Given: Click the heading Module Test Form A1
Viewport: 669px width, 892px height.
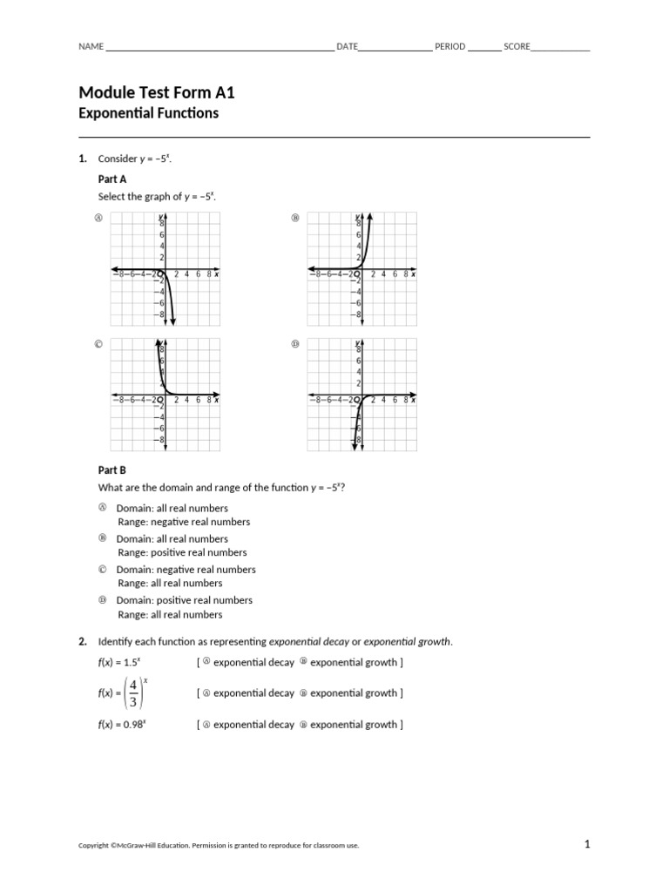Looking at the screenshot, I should coord(157,92).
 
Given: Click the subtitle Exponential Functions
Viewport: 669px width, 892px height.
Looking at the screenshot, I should coord(148,113).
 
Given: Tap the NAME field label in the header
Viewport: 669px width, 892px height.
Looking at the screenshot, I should coord(91,46).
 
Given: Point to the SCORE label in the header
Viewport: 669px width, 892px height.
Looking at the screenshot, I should coord(517,46).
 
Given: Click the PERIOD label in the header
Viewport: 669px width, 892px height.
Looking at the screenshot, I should coord(449,46).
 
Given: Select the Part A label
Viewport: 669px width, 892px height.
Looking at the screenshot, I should coord(112,178).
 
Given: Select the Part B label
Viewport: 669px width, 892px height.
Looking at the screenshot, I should coord(112,470).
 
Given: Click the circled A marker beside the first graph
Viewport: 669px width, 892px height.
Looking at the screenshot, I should coord(99,218).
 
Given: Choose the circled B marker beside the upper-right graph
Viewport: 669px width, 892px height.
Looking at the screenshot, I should coord(294,218).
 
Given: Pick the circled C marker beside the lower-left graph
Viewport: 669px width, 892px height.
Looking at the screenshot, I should coord(99,344).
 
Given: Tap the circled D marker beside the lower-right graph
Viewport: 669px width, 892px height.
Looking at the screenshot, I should coord(294,344).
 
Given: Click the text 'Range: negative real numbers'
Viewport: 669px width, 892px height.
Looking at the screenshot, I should coord(184,522).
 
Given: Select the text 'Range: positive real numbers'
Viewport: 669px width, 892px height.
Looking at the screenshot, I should coord(182,552).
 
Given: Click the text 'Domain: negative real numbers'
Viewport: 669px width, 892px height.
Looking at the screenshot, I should coord(186,570).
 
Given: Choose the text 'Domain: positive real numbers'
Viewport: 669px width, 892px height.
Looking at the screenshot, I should coord(184,600).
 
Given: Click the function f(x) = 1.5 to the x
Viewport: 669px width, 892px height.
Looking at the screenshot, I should coord(119,663).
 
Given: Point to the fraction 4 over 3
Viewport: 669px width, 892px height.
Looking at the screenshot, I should coord(133,693).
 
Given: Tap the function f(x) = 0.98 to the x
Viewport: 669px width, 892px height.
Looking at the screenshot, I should coord(121,725).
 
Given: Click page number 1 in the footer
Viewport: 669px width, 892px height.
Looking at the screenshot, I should coord(587,843).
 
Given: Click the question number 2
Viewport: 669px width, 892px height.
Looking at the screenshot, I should coord(83,642).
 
